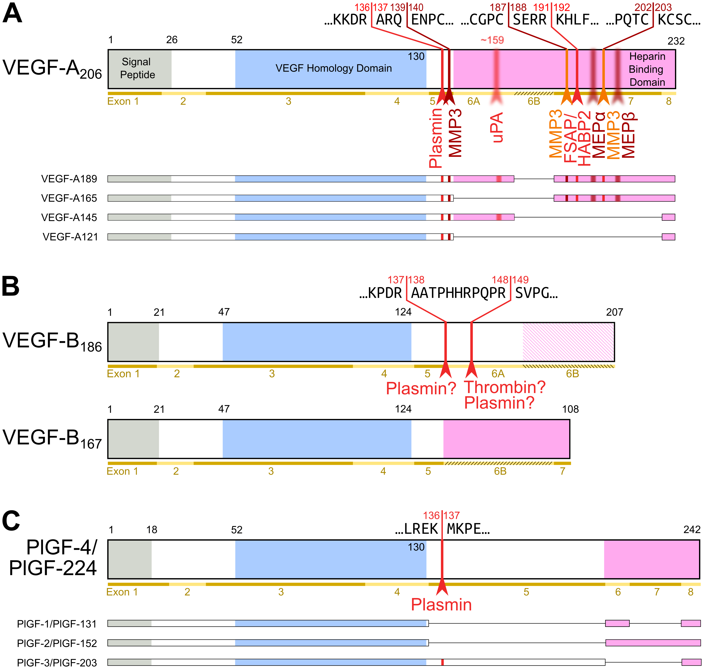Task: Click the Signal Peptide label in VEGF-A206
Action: (137, 68)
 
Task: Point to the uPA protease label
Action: (497, 127)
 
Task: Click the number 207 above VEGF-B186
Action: (615, 312)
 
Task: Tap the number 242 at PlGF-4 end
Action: (692, 530)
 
